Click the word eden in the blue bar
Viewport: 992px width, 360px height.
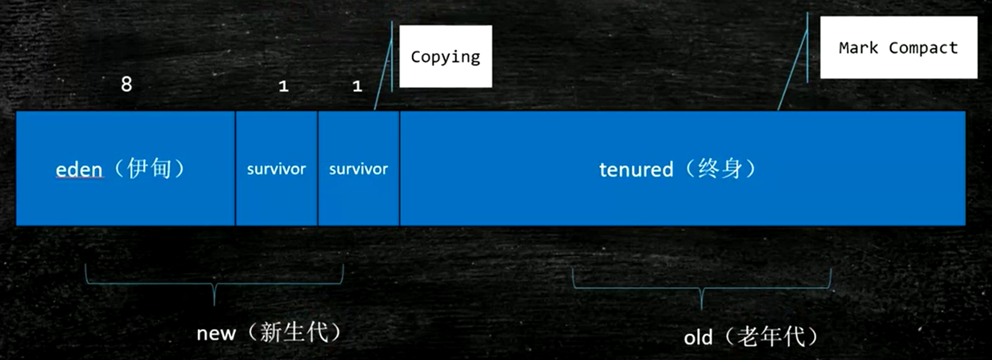click(x=79, y=170)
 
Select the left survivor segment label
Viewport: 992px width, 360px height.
click(x=276, y=169)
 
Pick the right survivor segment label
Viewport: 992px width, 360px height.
click(x=358, y=169)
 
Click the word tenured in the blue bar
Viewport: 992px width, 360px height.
click(x=636, y=170)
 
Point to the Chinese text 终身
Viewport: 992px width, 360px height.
click(x=721, y=169)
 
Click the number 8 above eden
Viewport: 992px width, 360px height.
click(x=127, y=84)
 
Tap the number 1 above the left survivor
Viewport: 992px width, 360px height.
click(x=283, y=87)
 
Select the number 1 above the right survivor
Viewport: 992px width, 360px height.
click(x=357, y=87)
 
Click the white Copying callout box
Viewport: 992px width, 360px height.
click(x=445, y=56)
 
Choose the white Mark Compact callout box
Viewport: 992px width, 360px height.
click(x=898, y=47)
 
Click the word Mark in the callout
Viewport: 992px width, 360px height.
click(x=859, y=48)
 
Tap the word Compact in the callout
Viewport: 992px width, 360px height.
click(x=923, y=48)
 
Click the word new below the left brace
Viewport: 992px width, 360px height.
click(x=216, y=334)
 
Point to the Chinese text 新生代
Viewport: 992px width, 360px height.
click(x=294, y=332)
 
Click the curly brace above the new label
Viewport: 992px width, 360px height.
click(x=214, y=284)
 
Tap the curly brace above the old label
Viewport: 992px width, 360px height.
click(x=701, y=288)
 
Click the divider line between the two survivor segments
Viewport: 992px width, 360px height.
click(x=317, y=168)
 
